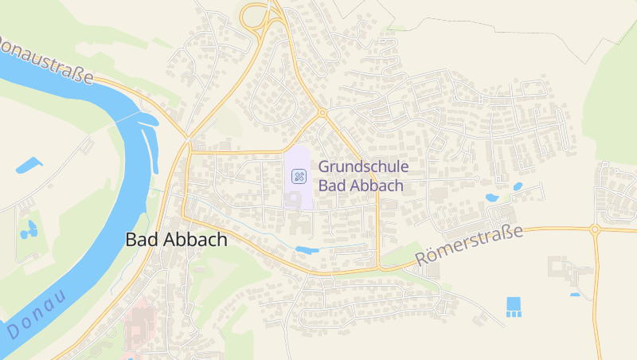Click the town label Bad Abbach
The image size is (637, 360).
pyautogui.click(x=176, y=239)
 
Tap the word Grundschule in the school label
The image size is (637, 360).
pyautogui.click(x=363, y=166)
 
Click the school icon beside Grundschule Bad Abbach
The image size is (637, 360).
pyautogui.click(x=299, y=176)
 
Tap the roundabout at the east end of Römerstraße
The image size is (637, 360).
pyautogui.click(x=594, y=229)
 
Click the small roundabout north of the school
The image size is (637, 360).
pyautogui.click(x=322, y=112)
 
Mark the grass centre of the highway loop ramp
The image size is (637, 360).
pyautogui.click(x=256, y=15)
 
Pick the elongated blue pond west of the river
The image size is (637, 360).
pyautogui.click(x=29, y=166)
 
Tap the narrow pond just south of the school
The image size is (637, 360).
pyautogui.click(x=307, y=250)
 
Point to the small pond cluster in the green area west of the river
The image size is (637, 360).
pyautogui.click(x=30, y=230)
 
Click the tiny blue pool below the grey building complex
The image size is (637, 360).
pyautogui.click(x=575, y=295)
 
